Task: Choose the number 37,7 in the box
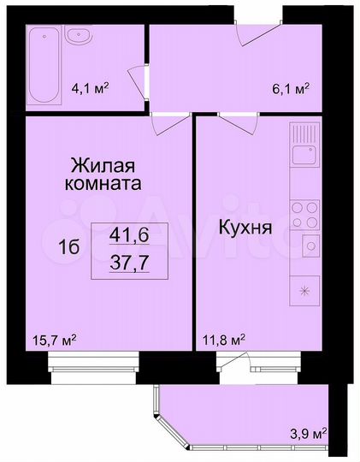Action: point(127,262)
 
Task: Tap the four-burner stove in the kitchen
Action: point(304,213)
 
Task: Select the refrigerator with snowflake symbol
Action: point(304,292)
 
